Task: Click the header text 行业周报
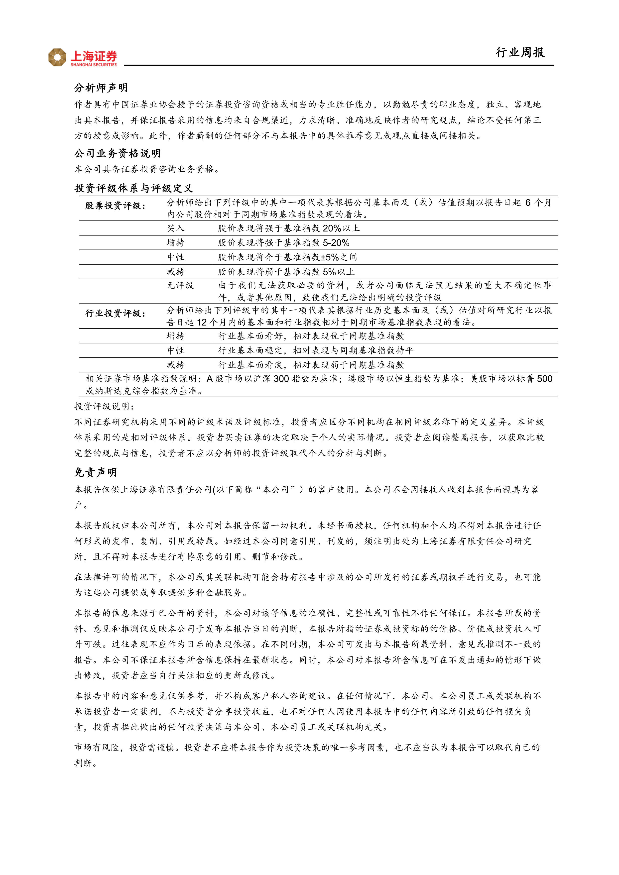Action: [520, 53]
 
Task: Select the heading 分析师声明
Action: [101, 88]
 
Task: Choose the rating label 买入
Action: [176, 228]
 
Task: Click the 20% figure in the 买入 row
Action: [332, 228]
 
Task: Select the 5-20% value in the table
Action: [336, 243]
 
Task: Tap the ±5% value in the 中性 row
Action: [330, 257]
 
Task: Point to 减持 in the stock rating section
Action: [176, 272]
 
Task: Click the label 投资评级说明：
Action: [104, 407]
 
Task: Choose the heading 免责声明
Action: [96, 473]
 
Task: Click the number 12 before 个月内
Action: [202, 323]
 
